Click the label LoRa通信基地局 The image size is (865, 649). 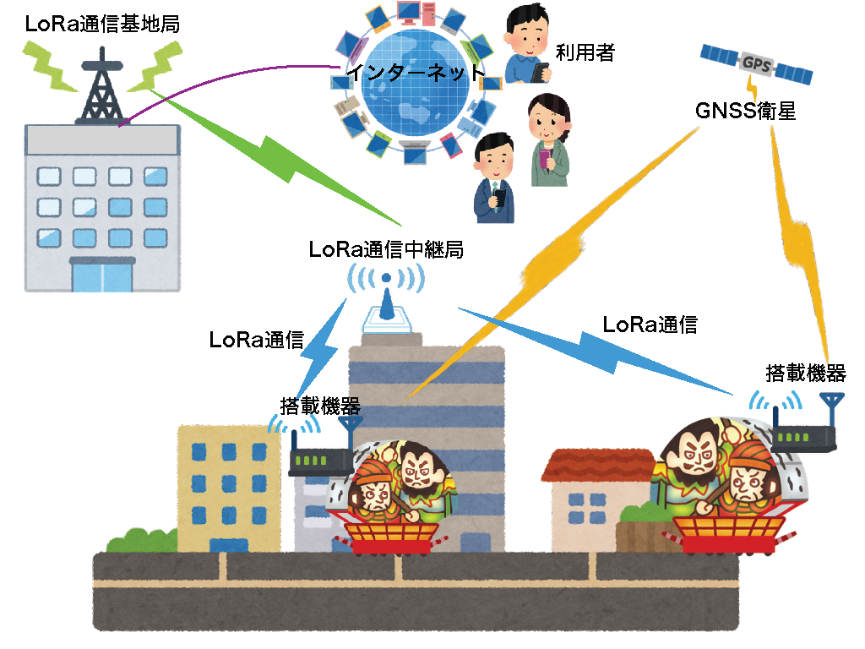[x=102, y=24]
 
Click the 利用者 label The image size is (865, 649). [x=585, y=53]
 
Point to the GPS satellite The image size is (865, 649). [x=757, y=63]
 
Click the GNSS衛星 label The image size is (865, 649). [x=745, y=110]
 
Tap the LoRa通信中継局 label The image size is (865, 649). [x=385, y=250]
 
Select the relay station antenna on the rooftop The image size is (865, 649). [x=386, y=304]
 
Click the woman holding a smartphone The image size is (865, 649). [x=548, y=140]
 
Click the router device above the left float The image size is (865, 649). [x=321, y=457]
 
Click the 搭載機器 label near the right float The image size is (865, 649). [x=805, y=373]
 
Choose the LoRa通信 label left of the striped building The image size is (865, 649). [x=257, y=340]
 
